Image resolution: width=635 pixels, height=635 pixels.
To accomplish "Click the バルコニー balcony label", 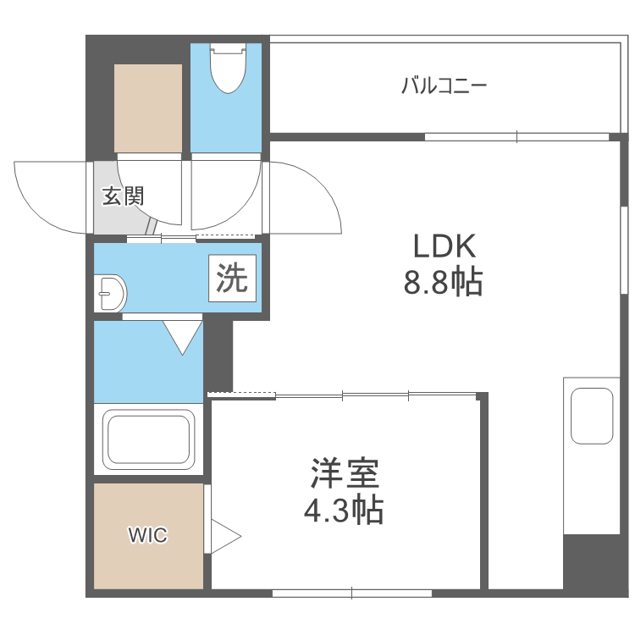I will point(444,86).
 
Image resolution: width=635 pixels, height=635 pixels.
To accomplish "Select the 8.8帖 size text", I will point(443,283).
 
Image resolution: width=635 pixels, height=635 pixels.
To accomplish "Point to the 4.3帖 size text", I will point(344,511).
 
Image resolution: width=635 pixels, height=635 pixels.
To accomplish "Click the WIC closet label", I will point(148,535).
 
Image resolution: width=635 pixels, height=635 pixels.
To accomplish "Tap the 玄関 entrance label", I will point(124,196).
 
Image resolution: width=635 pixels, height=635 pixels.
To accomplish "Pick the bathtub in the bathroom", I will point(148,439).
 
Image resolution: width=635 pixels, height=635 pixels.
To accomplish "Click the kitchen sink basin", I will point(592,415).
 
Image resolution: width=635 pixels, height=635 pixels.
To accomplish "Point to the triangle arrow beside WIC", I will point(224,536).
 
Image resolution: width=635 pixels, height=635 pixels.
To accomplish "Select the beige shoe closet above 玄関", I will point(148,108).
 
